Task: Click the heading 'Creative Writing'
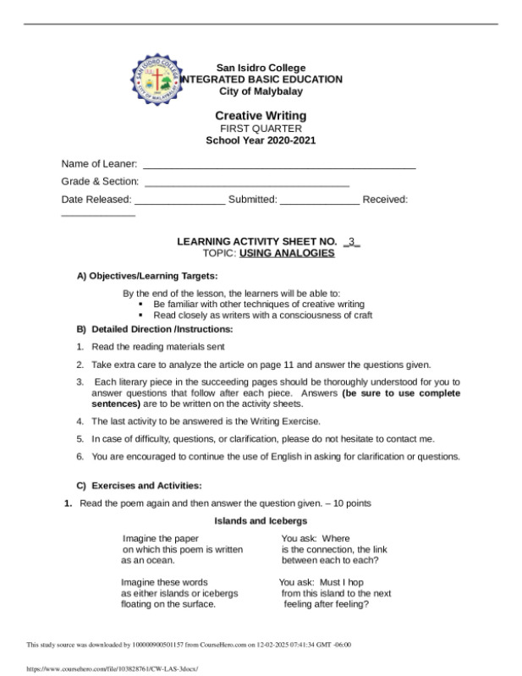261,116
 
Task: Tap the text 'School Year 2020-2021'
261,140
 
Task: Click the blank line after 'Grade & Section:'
247,182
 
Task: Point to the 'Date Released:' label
96,200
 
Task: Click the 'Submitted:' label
252,200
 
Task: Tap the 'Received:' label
385,200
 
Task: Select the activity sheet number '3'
352,241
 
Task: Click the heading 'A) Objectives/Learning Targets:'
147,276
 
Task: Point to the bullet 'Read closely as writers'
262,315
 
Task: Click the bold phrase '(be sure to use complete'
401,393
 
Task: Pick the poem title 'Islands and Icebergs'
261,521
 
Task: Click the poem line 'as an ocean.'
148,560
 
